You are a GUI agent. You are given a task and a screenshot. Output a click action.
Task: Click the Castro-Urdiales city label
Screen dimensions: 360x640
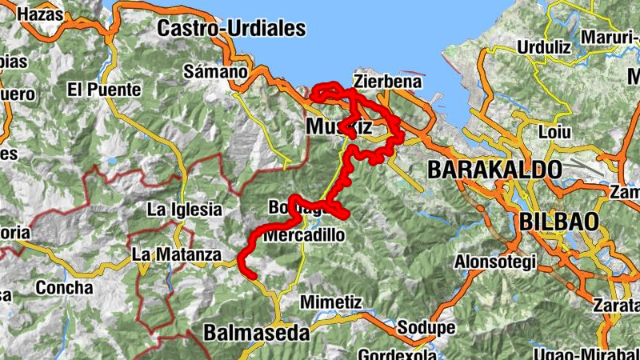[232, 29]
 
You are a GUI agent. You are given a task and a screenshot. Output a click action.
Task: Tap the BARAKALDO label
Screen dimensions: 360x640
[494, 170]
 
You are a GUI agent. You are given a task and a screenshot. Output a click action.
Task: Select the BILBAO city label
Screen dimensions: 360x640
[560, 221]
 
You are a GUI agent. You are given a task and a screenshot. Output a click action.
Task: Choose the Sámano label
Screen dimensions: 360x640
[215, 71]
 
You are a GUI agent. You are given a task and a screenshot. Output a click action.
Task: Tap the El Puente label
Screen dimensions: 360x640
[104, 90]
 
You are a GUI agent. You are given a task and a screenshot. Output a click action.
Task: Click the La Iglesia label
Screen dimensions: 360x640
[184, 210]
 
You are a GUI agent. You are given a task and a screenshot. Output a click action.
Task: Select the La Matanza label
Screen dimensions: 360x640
[176, 255]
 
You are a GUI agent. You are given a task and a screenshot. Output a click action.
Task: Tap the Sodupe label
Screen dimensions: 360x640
[426, 328]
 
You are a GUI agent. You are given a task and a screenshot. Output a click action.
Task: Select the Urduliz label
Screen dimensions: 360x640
[543, 47]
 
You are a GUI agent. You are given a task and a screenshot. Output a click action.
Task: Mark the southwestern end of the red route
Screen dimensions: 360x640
[253, 275]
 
